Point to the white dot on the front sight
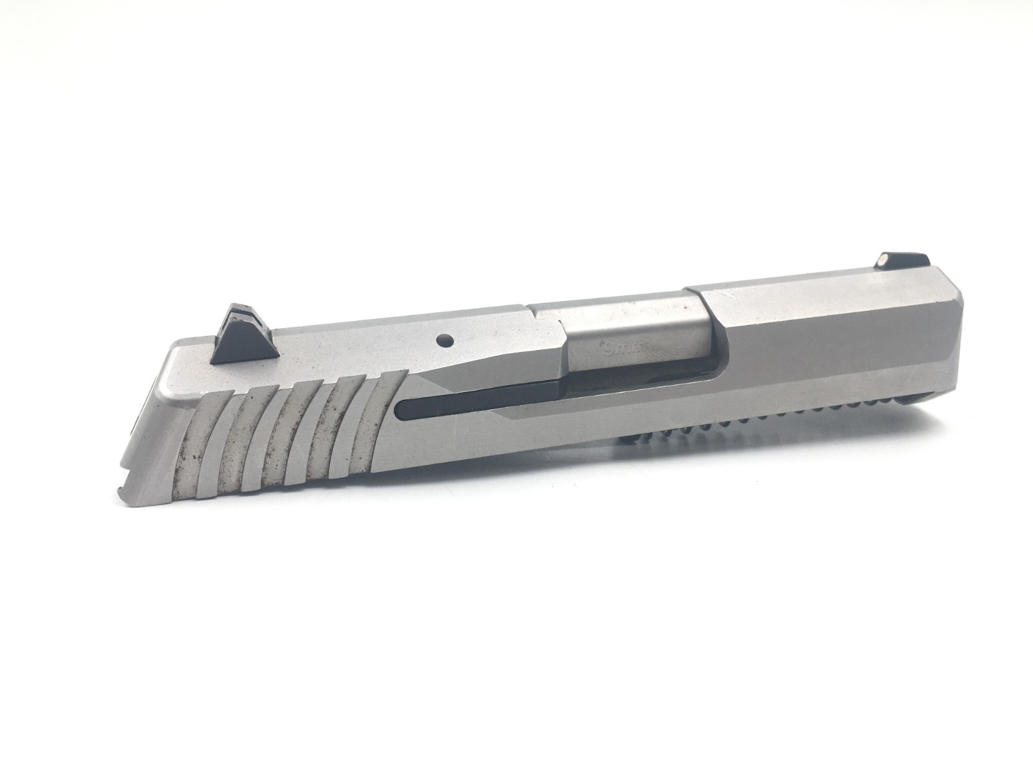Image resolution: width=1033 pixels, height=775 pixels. coord(882,258)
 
